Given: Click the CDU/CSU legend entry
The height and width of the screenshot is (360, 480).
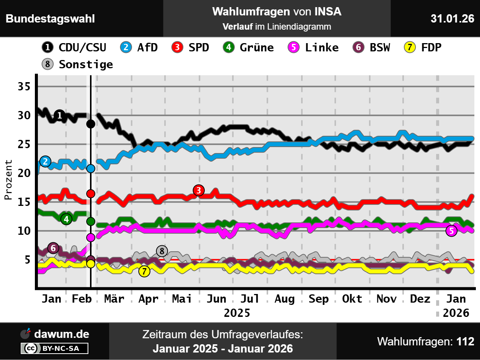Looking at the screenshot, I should click(74, 48).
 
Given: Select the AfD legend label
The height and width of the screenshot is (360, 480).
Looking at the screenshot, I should click(139, 48).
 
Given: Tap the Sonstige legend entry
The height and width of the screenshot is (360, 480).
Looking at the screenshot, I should click(78, 64).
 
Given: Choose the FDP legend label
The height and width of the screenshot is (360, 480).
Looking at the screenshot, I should click(423, 48).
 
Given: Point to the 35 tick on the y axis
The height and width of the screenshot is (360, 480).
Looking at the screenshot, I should click(24, 86).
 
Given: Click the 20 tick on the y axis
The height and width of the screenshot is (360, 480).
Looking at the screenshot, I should click(24, 173).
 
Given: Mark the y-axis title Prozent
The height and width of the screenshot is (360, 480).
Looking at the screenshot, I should click(8, 180).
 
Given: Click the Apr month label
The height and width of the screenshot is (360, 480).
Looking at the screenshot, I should click(148, 299).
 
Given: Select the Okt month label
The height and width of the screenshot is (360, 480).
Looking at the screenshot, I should click(352, 299).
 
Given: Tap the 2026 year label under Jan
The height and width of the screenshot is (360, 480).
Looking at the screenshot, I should click(456, 313).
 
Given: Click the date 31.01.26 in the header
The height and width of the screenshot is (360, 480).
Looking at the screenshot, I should click(452, 18).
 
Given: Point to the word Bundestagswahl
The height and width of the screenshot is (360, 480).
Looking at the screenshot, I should click(50, 19).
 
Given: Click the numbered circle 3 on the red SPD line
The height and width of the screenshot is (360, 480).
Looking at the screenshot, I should click(199, 190).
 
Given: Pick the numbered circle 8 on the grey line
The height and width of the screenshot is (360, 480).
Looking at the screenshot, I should click(162, 251).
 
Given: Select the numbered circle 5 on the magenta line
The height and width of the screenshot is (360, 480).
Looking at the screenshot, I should click(451, 231).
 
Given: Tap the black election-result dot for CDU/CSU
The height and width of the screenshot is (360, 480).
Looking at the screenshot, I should click(91, 124).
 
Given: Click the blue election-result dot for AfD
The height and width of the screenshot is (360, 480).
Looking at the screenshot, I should click(91, 169).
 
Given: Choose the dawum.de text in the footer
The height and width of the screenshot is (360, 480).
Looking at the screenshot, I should click(61, 334).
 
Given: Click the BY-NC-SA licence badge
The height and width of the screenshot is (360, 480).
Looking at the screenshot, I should click(55, 348).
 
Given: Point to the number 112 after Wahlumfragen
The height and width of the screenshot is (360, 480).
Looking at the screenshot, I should click(465, 342).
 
